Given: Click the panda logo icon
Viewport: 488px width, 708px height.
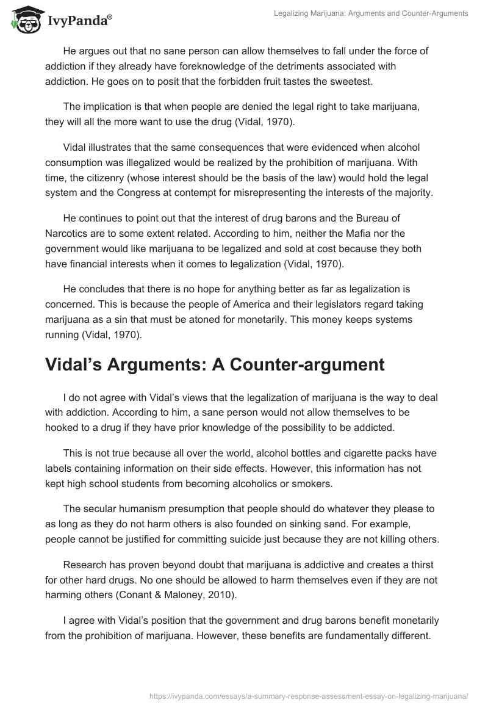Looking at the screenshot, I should (x=23, y=21).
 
